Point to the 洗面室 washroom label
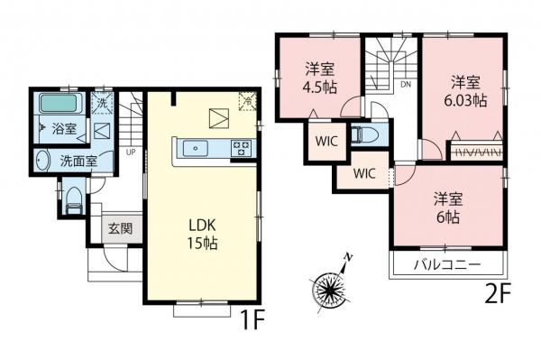(x=79, y=162)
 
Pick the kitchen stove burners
(x=242, y=148)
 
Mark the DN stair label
(x=406, y=85)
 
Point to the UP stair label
(x=131, y=152)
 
